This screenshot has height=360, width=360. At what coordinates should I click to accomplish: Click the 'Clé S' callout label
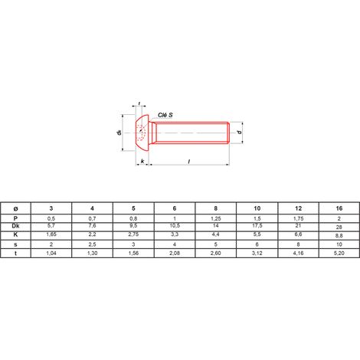pos(165,115)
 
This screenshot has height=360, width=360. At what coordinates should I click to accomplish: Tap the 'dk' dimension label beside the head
pos(119,133)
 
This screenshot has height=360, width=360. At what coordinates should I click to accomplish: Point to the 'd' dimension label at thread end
pos(239,133)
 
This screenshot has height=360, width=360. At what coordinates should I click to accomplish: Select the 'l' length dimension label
pos(189,162)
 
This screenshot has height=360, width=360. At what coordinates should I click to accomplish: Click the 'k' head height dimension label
pos(142,162)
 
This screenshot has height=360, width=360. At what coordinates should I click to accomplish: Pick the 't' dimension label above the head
pos(139,103)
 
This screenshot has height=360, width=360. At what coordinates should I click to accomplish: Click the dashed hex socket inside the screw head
pos(141,133)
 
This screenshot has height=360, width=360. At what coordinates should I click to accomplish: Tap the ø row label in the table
pos(15,209)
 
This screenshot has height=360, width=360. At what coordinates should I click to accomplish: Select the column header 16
pos(339,208)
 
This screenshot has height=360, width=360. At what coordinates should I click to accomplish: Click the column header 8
pos(216,208)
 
